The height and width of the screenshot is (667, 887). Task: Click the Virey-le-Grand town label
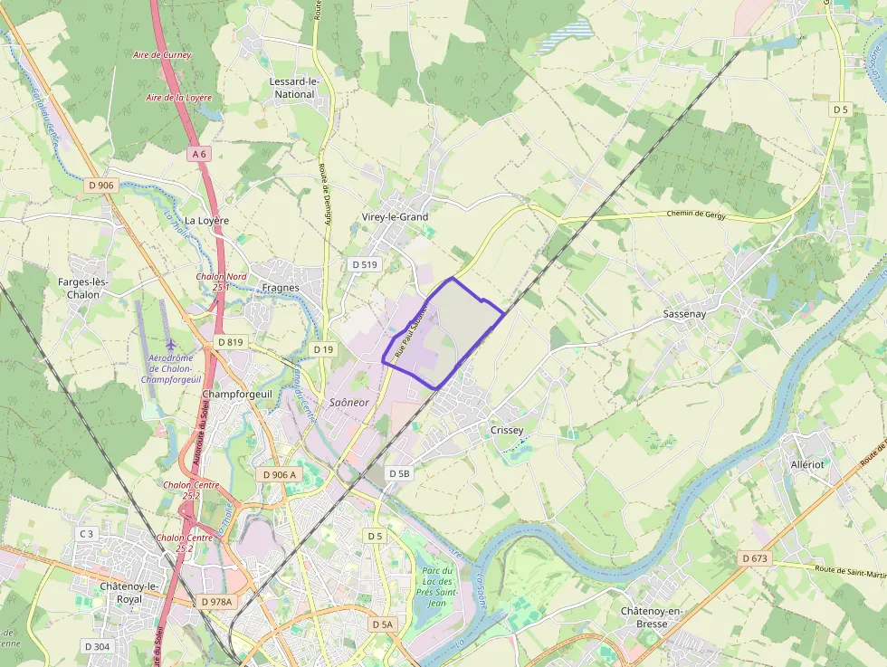395,217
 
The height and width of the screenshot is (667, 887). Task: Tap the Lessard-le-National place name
294,88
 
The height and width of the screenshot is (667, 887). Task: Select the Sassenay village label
683,313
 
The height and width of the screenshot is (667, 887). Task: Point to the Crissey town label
506,430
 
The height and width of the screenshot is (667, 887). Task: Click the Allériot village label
807,463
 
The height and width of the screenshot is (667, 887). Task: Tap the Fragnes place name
280,288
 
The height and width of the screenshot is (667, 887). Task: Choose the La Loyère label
207,220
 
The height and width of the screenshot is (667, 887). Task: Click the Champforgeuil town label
238,395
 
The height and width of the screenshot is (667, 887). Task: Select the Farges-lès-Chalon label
82,288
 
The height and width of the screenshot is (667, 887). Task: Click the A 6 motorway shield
199,155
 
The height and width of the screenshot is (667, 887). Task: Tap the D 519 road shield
365,264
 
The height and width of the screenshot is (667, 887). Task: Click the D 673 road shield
754,558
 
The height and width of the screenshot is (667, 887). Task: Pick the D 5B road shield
399,473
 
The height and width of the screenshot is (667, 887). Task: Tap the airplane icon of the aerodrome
172,345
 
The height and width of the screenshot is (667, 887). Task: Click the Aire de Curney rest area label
162,55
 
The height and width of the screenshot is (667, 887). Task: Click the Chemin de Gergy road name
696,214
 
